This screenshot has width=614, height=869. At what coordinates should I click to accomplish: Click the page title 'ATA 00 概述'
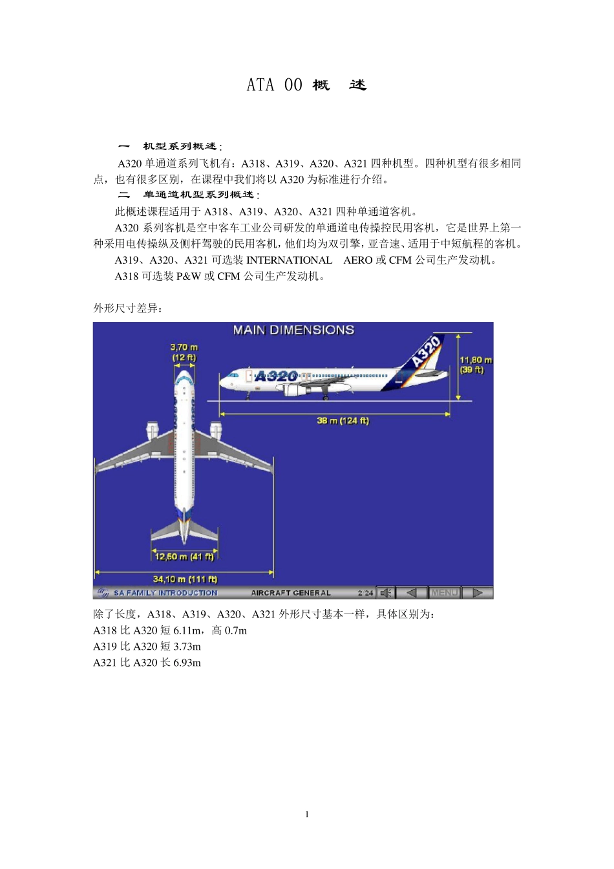[306, 85]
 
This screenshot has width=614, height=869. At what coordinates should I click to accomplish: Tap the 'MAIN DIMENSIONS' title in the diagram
[293, 330]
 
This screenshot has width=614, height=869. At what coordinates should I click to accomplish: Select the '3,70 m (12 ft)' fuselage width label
[184, 352]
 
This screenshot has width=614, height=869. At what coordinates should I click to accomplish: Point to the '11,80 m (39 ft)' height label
[476, 365]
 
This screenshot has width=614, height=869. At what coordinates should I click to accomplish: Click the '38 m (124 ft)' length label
[343, 420]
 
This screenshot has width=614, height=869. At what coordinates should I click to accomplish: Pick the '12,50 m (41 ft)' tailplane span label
[184, 556]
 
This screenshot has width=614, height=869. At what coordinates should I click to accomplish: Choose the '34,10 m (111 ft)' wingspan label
[185, 579]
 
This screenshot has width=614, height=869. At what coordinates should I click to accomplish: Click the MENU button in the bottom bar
[445, 593]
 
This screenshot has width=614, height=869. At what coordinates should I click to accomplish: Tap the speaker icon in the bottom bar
[385, 593]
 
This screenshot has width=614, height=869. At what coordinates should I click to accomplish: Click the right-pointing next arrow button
[478, 593]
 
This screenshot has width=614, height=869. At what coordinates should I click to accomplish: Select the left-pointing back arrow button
[411, 593]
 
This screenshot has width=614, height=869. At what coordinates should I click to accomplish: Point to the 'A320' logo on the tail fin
[427, 351]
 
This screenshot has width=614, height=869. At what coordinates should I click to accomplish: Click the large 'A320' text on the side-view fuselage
[276, 376]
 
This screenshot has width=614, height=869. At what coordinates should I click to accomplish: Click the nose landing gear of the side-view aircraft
[248, 395]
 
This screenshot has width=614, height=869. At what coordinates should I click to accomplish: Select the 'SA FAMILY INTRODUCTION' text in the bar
[165, 593]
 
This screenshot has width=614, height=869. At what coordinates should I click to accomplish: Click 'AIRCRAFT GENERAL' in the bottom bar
[291, 593]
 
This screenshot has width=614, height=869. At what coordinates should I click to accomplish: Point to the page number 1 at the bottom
[307, 814]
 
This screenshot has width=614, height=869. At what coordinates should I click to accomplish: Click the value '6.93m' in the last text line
[187, 662]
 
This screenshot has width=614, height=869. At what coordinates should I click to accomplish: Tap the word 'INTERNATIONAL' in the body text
[290, 260]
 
